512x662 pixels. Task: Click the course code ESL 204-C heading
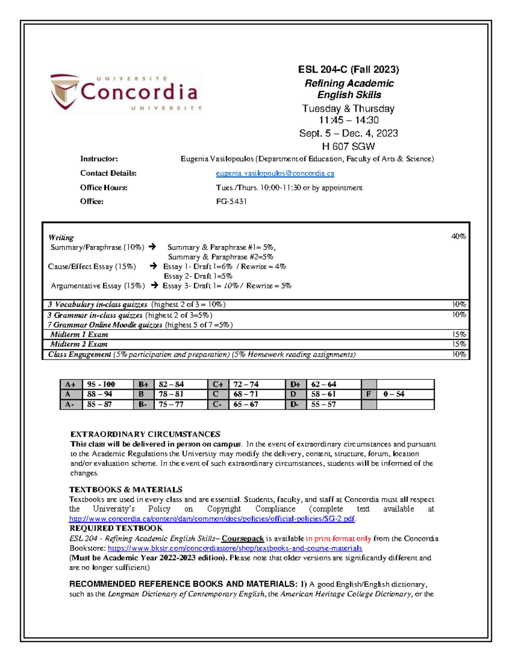click(x=348, y=69)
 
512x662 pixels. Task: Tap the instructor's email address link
click(x=275, y=173)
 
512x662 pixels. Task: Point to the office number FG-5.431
click(x=231, y=202)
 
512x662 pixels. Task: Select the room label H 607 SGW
click(x=348, y=147)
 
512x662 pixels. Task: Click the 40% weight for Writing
click(x=459, y=237)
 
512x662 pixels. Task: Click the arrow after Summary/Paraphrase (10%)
click(x=152, y=247)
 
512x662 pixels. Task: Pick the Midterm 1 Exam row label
click(x=79, y=335)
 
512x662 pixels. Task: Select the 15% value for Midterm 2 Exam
click(x=459, y=344)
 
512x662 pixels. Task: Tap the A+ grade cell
click(x=70, y=384)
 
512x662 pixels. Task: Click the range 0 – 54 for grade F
click(x=393, y=394)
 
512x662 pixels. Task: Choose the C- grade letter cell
click(x=218, y=405)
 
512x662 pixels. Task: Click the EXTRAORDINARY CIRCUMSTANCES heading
click(x=145, y=434)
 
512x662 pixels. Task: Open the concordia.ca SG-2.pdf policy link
click(x=212, y=519)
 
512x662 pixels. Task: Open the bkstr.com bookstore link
click(x=235, y=548)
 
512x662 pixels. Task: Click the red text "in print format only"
click(x=338, y=539)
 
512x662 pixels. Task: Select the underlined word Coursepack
click(x=242, y=539)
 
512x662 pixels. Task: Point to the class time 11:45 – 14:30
click(x=348, y=121)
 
